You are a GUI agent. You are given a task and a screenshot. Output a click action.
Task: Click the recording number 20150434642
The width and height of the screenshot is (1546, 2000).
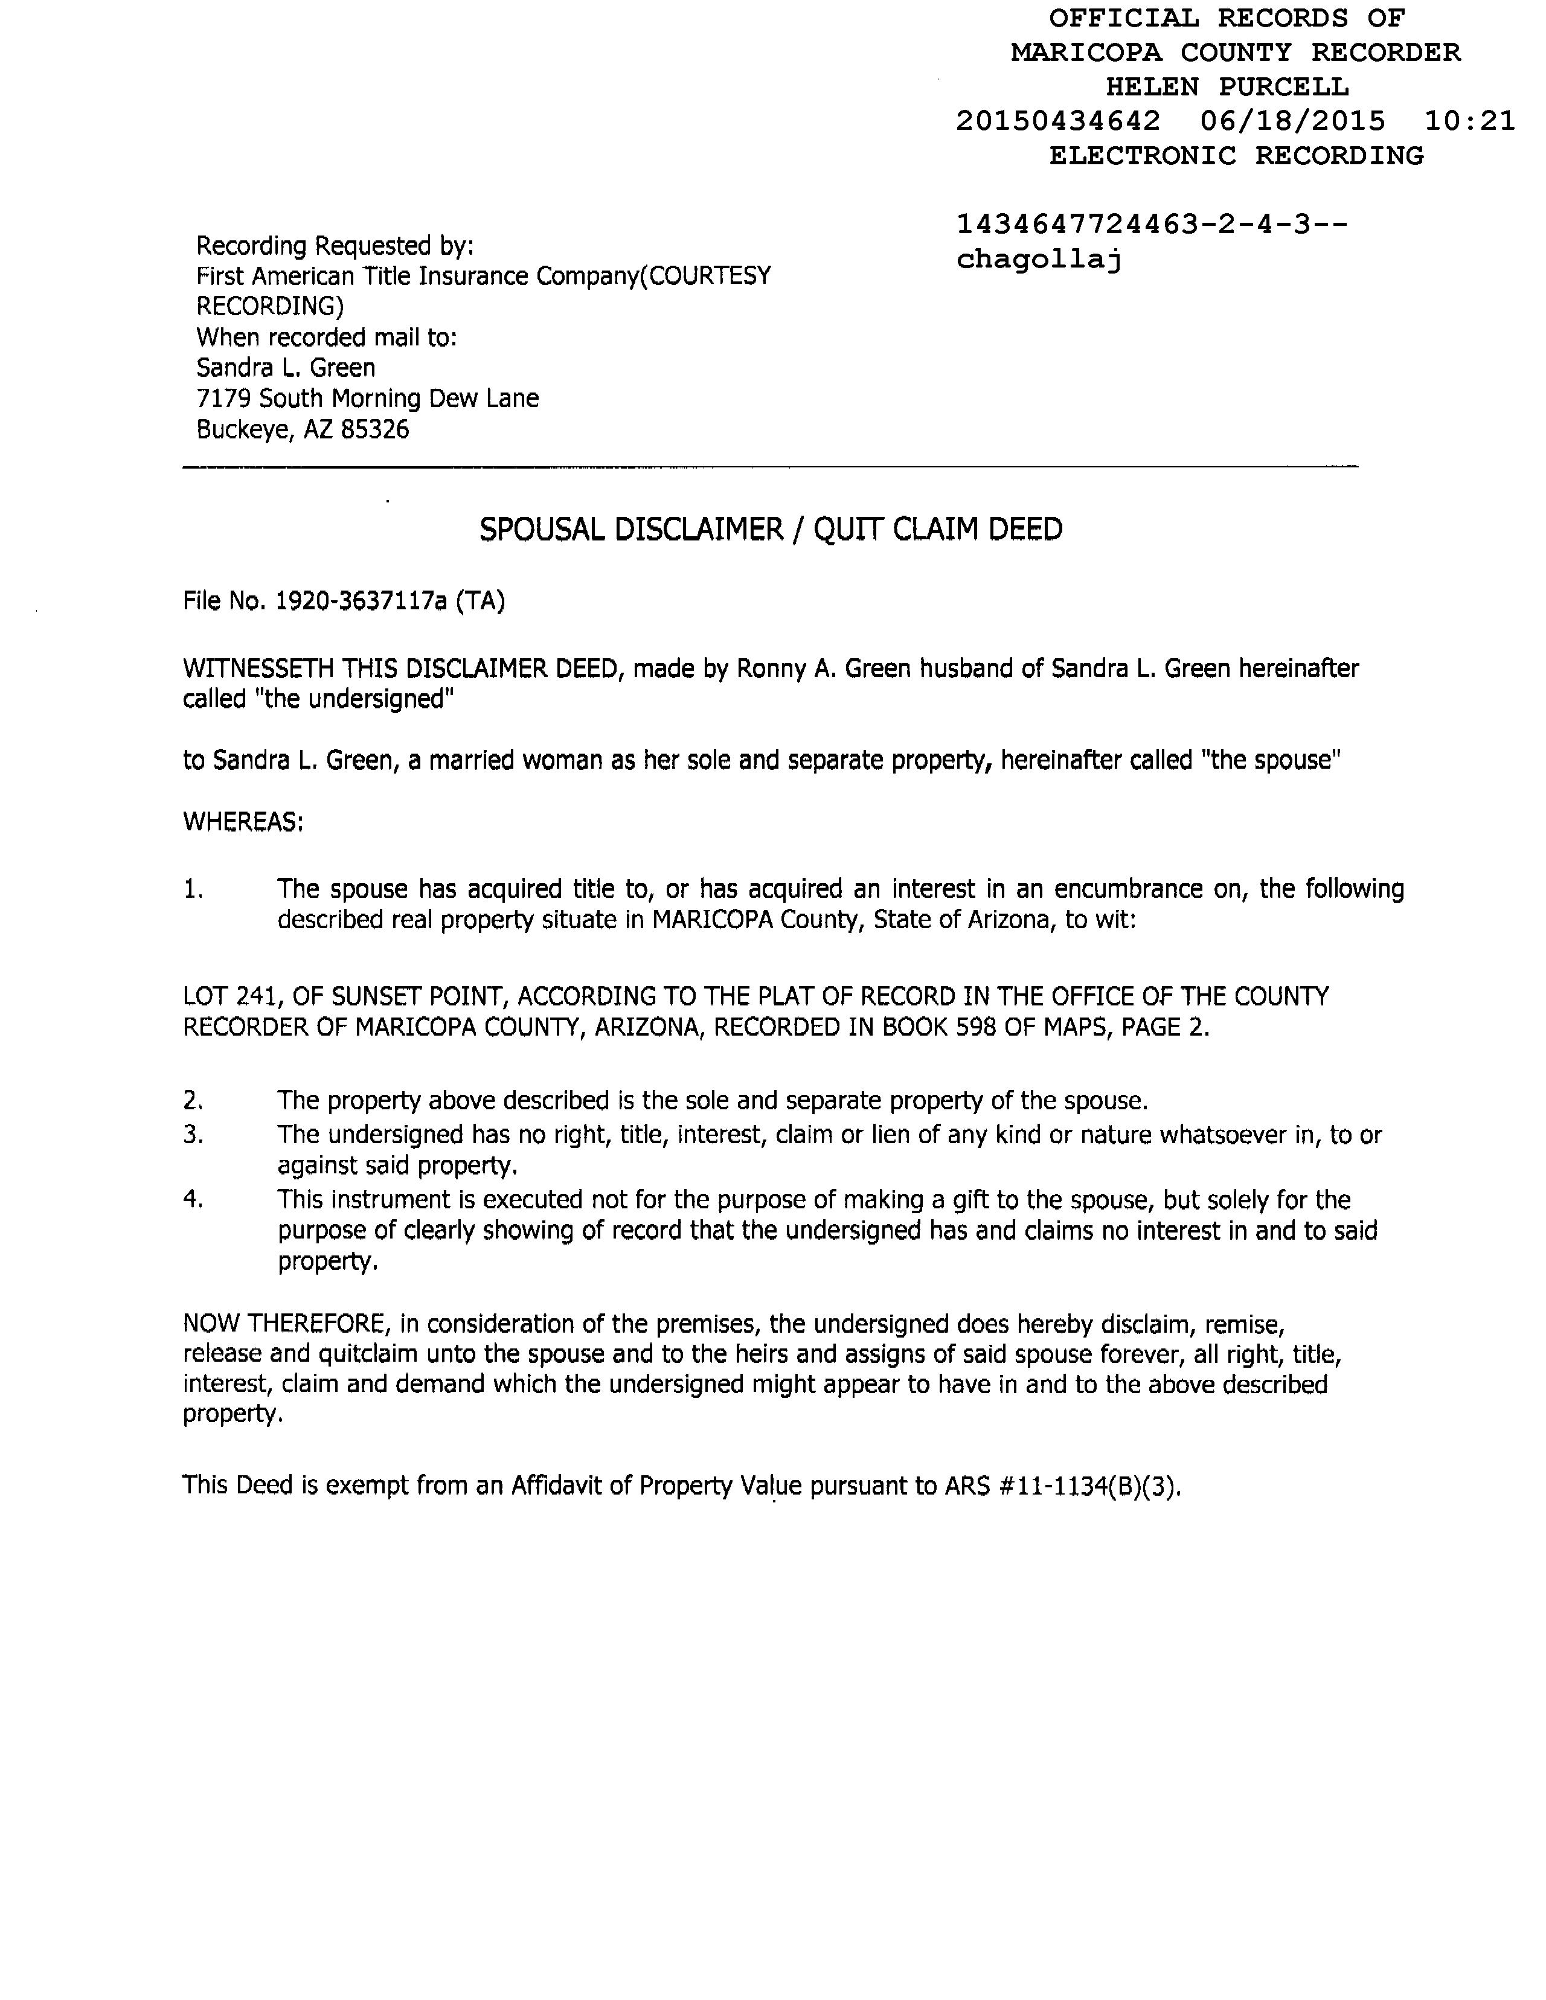(x=1058, y=121)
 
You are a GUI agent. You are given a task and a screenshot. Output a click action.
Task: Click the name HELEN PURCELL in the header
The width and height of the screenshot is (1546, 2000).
(x=1227, y=87)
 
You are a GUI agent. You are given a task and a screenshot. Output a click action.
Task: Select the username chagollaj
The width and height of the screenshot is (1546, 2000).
(x=1039, y=260)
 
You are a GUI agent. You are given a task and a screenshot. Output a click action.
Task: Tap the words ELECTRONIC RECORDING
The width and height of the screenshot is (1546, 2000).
(x=1236, y=156)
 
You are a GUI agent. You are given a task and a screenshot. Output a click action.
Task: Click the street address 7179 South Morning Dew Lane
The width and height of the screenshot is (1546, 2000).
(x=367, y=399)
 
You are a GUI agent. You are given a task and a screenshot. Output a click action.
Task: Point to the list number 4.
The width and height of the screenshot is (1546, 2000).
(x=192, y=1200)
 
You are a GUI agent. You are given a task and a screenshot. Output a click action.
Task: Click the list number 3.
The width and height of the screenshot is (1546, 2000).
(x=192, y=1135)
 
